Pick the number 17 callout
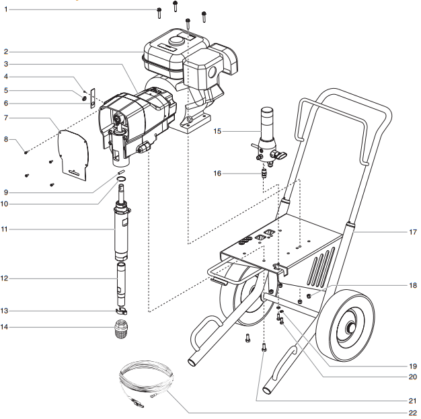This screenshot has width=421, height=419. click(412, 233)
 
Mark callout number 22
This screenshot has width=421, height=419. click(412, 412)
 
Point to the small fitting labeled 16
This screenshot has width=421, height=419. click(264, 174)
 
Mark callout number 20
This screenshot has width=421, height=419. click(412, 377)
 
